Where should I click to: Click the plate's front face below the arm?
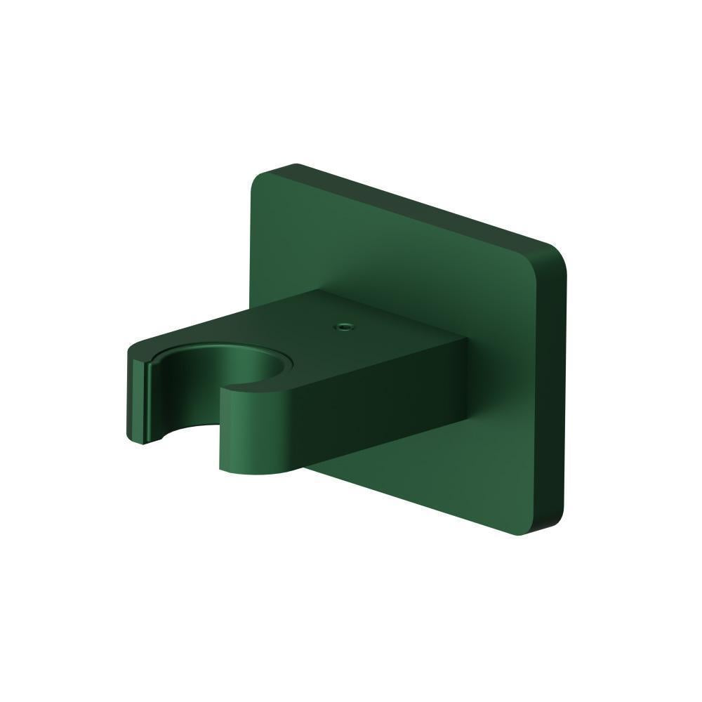coord(421,484)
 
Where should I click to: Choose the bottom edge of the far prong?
coord(140,443)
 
